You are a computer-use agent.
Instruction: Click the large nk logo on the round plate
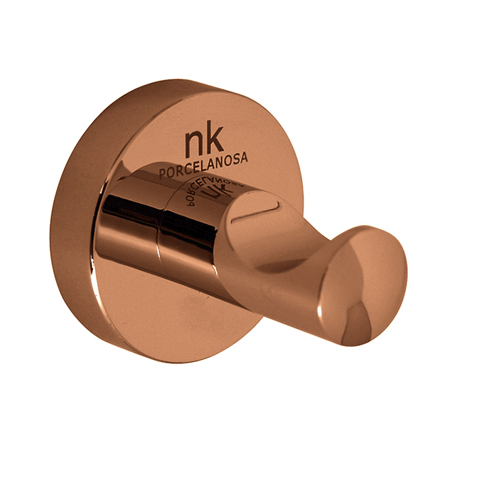[204, 142]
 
